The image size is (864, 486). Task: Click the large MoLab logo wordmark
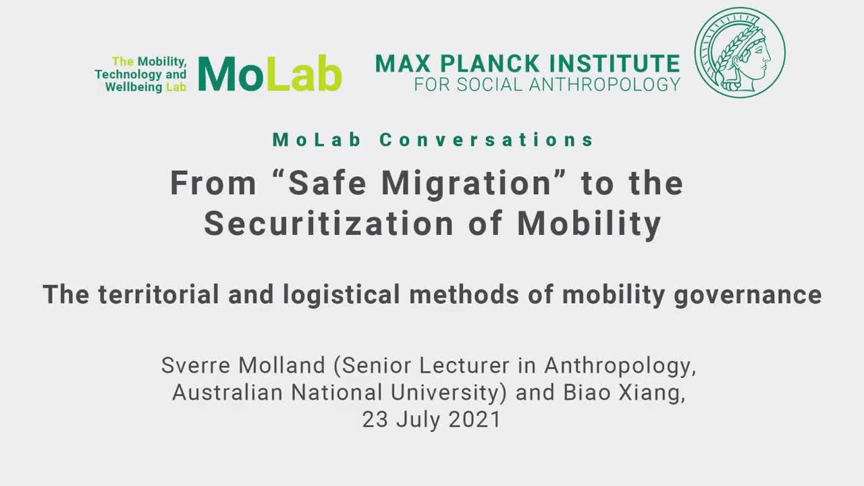(270, 74)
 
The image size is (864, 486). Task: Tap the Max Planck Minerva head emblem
(740, 53)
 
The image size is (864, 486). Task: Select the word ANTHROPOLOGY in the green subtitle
(604, 85)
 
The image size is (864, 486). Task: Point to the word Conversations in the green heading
(487, 140)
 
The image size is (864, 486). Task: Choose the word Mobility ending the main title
(589, 225)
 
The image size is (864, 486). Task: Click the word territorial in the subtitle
(159, 294)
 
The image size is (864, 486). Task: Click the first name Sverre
(196, 365)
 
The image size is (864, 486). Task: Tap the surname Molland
(282, 365)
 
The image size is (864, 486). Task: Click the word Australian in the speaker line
(227, 393)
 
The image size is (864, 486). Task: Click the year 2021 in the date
(475, 420)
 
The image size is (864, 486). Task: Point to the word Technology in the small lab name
(128, 74)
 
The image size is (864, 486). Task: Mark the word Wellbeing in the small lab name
(134, 88)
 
